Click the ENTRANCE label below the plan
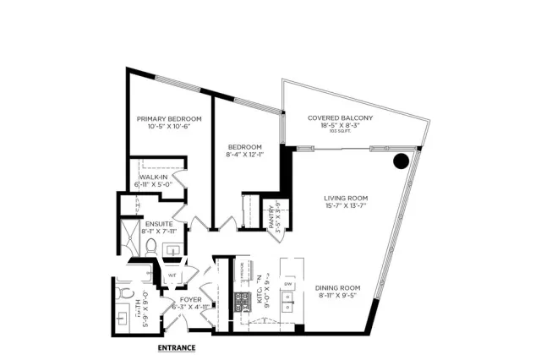[x=177, y=347]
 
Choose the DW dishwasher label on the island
[x=288, y=283]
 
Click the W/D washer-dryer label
[x=172, y=274]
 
